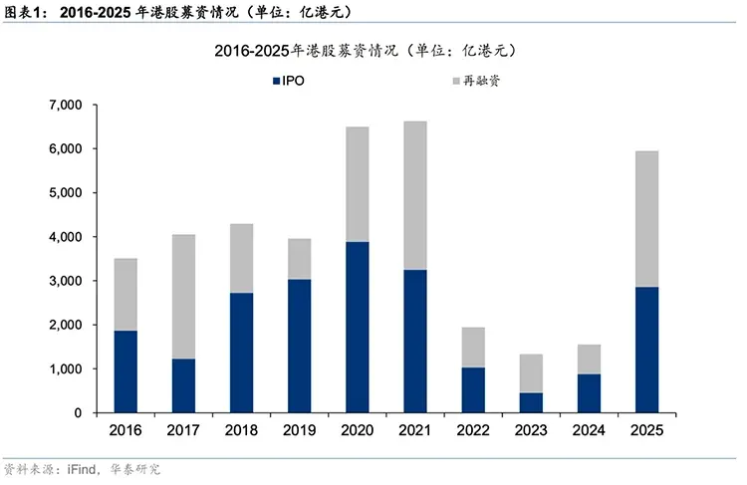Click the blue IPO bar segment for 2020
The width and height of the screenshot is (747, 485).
[357, 327]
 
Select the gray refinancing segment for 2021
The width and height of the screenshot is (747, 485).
[414, 195]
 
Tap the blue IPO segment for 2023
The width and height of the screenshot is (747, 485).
[531, 402]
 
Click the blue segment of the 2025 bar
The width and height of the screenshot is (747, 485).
[645, 350]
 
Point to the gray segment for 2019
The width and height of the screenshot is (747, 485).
[299, 259]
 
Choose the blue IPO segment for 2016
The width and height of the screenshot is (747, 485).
[125, 371]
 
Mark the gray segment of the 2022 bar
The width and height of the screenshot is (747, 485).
[472, 347]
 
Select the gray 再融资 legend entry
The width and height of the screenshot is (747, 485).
[478, 80]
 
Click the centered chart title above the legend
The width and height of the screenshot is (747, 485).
[370, 49]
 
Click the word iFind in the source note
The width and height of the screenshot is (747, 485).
[84, 468]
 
